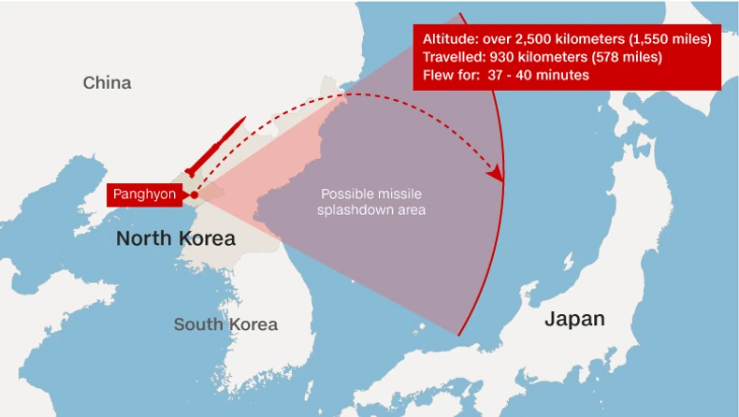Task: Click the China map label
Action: pos(107,83)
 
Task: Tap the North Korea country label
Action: pos(175,239)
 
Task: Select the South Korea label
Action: pos(225,324)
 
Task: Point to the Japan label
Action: pos(574,319)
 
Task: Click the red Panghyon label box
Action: pos(144,194)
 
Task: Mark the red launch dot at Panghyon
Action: pos(194,195)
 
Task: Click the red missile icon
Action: pos(214,147)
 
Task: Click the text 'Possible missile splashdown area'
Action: pos(372,202)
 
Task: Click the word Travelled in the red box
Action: pos(454,57)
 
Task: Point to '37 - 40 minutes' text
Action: pos(538,75)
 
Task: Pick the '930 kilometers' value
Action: pos(534,57)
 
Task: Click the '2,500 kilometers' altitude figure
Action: pos(566,39)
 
